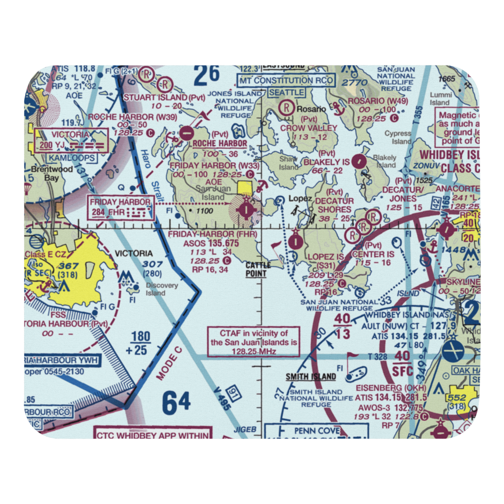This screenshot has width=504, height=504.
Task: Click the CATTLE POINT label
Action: click(x=258, y=269)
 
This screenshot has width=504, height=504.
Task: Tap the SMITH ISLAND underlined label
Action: click(x=310, y=376)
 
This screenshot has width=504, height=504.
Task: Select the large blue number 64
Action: click(x=177, y=402)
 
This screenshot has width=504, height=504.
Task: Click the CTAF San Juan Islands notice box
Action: click(x=254, y=341)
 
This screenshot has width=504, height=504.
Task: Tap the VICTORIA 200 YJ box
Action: click(x=71, y=141)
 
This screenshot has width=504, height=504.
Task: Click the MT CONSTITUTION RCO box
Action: click(x=286, y=81)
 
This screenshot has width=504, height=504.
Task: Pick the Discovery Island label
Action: click(x=162, y=289)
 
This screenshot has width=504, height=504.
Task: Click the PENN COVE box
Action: click(x=317, y=431)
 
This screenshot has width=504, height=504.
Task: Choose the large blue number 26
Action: click(x=207, y=75)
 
